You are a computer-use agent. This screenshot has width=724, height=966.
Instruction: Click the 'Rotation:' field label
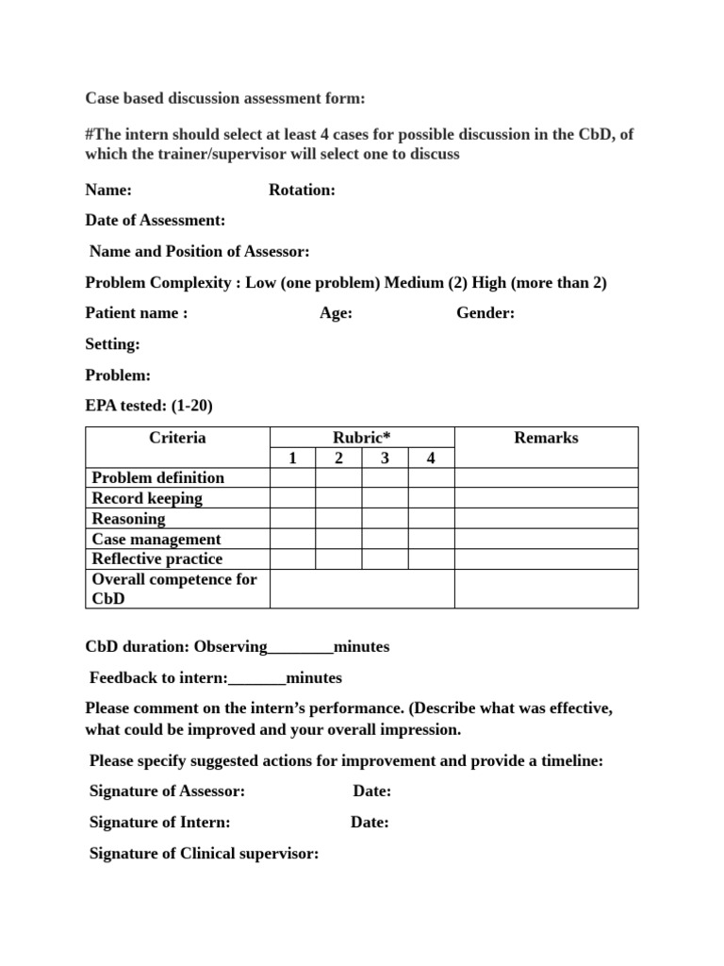pyautogui.click(x=302, y=190)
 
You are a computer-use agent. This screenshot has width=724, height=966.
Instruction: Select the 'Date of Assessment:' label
pyautogui.click(x=156, y=221)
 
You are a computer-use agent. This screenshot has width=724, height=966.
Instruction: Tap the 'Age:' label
pyautogui.click(x=336, y=313)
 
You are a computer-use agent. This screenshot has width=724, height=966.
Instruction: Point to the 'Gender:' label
pyautogui.click(x=485, y=313)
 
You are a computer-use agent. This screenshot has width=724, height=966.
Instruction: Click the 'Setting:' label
pyautogui.click(x=112, y=344)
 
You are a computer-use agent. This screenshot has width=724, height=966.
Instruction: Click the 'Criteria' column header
pyautogui.click(x=177, y=438)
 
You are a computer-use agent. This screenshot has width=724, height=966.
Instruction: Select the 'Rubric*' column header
pyautogui.click(x=362, y=438)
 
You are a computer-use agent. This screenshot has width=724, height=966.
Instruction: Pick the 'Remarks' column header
pyautogui.click(x=546, y=438)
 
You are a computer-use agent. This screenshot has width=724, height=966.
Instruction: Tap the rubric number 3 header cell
pyautogui.click(x=385, y=458)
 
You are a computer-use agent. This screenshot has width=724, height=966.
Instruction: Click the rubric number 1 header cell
pyautogui.click(x=292, y=458)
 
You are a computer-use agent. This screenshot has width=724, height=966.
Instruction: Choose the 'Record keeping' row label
pyautogui.click(x=147, y=498)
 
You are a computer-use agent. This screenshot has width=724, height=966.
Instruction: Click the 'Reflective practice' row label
pyautogui.click(x=157, y=559)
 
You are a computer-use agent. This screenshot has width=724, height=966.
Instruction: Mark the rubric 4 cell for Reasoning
pyautogui.click(x=431, y=519)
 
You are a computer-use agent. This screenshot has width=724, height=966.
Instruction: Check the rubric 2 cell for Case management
pyautogui.click(x=338, y=539)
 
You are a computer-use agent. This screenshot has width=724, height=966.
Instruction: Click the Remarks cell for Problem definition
pyautogui.click(x=546, y=477)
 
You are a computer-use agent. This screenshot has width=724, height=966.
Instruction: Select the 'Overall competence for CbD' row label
pyautogui.click(x=174, y=589)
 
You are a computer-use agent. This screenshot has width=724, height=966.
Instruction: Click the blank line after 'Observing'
pyautogui.click(x=301, y=648)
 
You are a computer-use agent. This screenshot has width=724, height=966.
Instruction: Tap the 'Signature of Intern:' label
pyautogui.click(x=159, y=823)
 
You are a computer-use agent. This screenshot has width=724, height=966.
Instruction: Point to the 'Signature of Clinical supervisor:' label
pyautogui.click(x=204, y=854)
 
